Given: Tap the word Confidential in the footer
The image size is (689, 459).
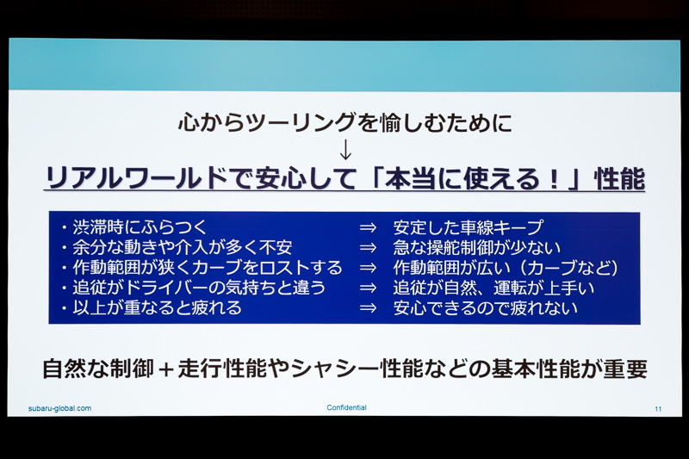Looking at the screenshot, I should click(346, 407).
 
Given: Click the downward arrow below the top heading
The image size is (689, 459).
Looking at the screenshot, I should click(346, 150).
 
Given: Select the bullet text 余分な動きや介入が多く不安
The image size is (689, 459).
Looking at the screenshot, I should click(177, 247).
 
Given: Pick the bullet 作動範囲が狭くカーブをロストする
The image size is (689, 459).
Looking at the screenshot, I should click(203, 268).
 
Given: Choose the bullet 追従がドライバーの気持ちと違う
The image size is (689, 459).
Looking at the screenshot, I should click(190, 288).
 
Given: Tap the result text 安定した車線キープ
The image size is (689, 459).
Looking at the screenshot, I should click(468, 227).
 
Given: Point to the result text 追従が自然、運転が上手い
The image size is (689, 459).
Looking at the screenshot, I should click(493, 288).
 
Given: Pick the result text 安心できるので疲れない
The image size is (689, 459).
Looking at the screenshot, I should click(485, 307).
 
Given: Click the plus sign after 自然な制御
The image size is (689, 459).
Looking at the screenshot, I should click(164, 369).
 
